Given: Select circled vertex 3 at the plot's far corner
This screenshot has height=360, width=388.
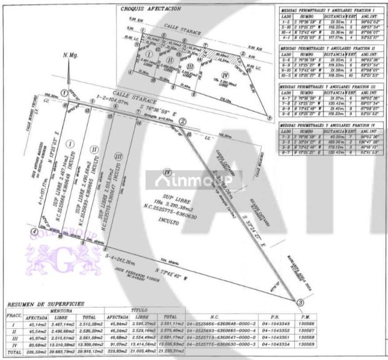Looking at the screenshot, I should click(x=300, y=302).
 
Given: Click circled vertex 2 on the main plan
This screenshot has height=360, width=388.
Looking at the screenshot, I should click(x=183, y=121).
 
